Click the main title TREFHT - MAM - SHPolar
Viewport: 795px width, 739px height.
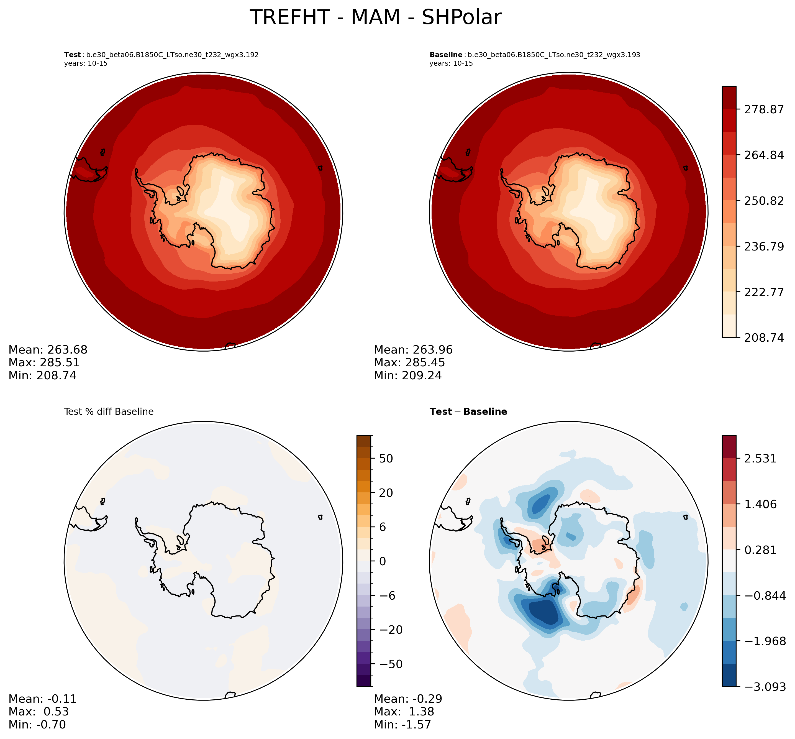click(375, 18)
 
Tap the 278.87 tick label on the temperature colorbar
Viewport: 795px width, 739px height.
click(763, 109)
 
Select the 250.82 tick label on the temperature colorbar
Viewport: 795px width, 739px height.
click(763, 201)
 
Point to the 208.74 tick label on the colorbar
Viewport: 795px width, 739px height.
click(763, 338)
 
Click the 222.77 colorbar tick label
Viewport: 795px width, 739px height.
click(763, 292)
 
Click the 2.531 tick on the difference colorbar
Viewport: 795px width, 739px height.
click(760, 459)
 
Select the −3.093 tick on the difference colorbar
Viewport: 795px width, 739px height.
click(763, 687)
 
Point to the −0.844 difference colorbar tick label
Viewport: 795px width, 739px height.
click(763, 596)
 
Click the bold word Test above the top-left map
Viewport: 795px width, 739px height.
click(72, 55)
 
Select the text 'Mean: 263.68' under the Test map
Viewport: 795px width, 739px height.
click(48, 350)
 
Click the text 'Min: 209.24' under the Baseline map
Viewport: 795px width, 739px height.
click(408, 375)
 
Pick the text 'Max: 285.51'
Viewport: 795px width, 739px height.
click(44, 363)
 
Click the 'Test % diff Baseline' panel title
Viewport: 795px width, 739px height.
click(109, 412)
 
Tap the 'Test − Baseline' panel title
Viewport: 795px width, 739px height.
click(468, 412)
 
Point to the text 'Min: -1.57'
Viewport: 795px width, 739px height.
click(402, 725)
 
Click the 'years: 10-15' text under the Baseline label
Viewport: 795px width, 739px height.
click(451, 63)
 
